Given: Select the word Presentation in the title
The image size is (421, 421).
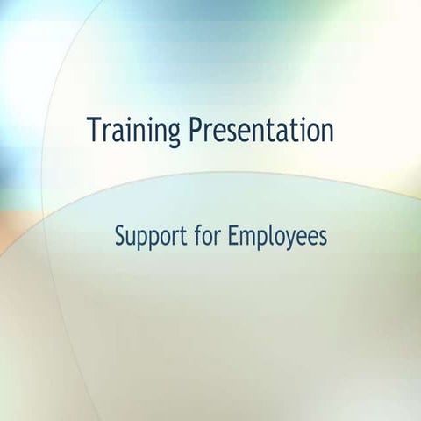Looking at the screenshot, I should click(x=261, y=132).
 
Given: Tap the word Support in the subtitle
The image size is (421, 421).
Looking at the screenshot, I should click(x=149, y=236).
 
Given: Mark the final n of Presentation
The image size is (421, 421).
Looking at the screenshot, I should click(x=327, y=132).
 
